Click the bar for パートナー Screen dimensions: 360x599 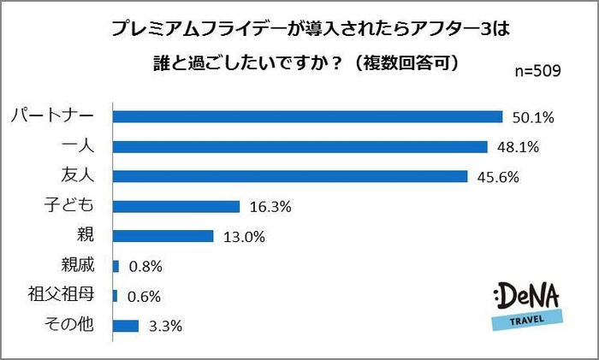[307, 116]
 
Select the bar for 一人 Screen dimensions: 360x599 [299, 146]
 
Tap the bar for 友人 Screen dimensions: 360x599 [290, 176]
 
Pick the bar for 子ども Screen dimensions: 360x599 [175, 206]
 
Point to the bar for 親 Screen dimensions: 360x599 [163, 236]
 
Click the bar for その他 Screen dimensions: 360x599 [125, 325]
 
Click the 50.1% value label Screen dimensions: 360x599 [527, 116]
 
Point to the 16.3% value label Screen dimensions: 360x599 [269, 206]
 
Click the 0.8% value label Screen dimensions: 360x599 [146, 266]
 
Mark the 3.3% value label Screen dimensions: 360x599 [165, 325]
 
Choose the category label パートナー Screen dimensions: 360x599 [56, 116]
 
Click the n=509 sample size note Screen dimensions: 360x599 [538, 71]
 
